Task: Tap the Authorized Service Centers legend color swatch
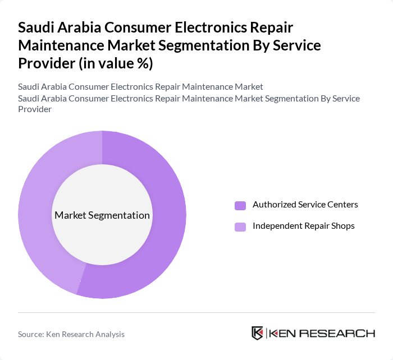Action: click(x=240, y=205)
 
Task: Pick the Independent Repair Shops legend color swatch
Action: click(x=240, y=227)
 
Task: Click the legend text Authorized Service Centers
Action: click(x=305, y=205)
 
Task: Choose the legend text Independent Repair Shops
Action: click(x=304, y=226)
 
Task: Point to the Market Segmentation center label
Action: click(x=102, y=215)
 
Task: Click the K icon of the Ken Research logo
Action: click(x=258, y=333)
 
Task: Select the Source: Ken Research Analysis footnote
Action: click(x=71, y=334)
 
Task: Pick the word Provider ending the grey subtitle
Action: click(x=35, y=109)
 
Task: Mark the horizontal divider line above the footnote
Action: click(x=196, y=312)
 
